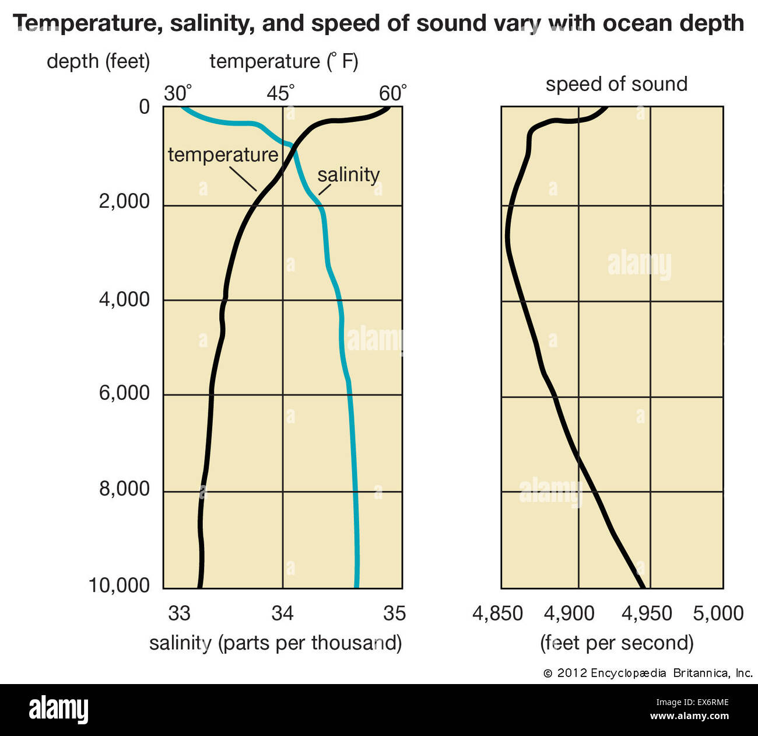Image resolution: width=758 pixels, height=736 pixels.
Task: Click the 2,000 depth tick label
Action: (124, 201)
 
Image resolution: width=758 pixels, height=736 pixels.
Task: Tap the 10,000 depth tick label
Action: (119, 585)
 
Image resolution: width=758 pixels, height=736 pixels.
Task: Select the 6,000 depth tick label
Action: (124, 393)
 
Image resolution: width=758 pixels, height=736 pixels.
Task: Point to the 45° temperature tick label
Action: (282, 93)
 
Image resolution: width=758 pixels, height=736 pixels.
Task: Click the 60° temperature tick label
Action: (392, 93)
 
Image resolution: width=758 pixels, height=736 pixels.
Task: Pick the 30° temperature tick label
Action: (177, 93)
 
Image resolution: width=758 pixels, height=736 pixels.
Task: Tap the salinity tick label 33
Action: (179, 613)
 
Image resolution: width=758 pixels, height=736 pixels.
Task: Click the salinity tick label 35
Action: (394, 613)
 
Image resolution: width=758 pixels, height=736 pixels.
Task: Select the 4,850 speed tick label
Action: (497, 613)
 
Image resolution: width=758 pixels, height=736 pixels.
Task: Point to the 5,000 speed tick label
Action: (718, 613)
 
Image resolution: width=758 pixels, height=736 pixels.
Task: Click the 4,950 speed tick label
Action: (647, 613)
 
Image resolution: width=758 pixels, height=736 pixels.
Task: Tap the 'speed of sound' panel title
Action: (616, 84)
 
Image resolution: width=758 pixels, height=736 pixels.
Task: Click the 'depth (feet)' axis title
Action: (98, 61)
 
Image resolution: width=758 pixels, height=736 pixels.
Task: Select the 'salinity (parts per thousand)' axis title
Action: (275, 643)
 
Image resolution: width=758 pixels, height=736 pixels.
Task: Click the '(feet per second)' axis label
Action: (617, 643)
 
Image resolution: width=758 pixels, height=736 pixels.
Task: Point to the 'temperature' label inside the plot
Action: (223, 155)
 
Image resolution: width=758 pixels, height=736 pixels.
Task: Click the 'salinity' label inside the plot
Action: (348, 175)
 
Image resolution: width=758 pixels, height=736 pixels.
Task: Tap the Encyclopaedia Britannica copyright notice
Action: (648, 673)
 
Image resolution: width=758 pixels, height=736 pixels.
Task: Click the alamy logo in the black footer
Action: (58, 710)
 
